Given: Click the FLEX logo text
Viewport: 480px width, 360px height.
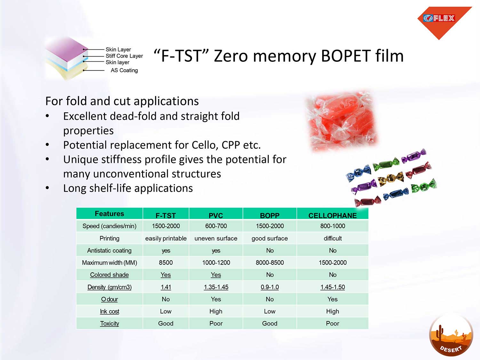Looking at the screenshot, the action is (x=444, y=18).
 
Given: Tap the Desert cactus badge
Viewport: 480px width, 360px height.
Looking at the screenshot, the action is (x=451, y=335).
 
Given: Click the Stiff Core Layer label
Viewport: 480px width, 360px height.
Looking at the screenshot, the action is (x=124, y=56).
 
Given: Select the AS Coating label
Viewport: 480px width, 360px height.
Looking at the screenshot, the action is (x=124, y=70).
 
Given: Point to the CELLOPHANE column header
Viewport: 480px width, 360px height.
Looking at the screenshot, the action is (x=332, y=215).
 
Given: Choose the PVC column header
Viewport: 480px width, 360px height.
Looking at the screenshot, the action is (x=216, y=215).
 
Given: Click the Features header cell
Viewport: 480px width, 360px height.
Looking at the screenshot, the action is (x=109, y=213).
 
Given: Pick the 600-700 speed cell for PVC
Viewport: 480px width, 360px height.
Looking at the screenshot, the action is (x=216, y=226).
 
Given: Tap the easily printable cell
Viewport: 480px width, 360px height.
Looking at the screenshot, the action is (x=166, y=238).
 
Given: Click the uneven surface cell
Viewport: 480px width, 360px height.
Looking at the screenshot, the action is (x=216, y=238).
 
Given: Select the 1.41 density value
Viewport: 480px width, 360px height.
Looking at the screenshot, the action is (x=166, y=287).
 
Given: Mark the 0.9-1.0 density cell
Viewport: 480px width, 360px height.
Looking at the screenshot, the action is (x=270, y=287).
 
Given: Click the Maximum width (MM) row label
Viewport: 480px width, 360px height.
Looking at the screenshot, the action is (x=109, y=262).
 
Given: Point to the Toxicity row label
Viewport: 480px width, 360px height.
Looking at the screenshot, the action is (x=109, y=324).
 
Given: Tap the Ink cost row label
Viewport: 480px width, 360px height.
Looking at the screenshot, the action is (x=109, y=311).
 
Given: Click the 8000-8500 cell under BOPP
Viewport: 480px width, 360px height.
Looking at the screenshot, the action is (x=270, y=262).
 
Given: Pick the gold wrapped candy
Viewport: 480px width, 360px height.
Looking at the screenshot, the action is (x=391, y=179).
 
